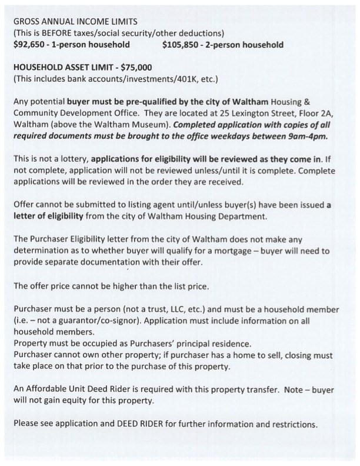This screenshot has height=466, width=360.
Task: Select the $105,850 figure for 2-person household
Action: (181, 45)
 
